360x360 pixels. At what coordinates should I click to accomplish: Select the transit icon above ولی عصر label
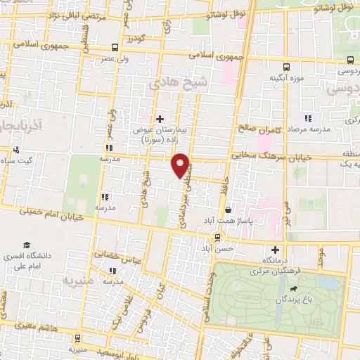115,48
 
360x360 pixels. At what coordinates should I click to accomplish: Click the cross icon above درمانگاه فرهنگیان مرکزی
274,250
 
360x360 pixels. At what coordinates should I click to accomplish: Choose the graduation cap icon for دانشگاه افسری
27,245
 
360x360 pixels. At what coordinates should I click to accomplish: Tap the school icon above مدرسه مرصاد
307,118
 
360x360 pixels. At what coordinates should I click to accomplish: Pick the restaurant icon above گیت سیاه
15,149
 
